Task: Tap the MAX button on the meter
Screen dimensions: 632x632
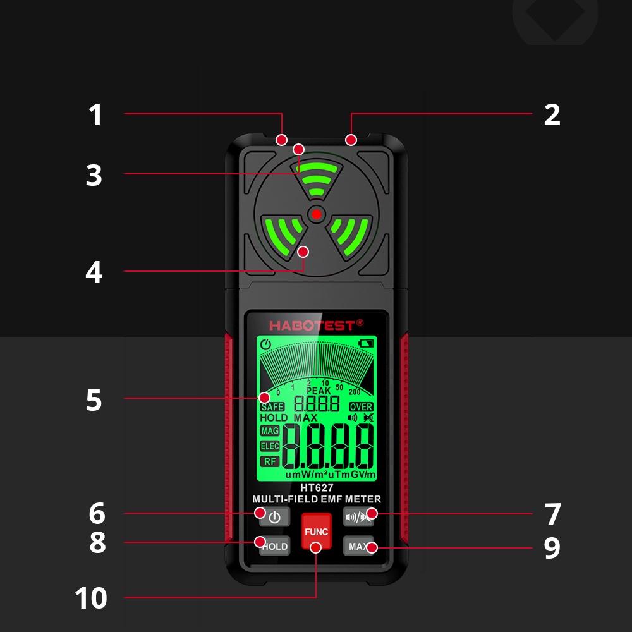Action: [x=358, y=547]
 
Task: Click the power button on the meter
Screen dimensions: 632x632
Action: [x=274, y=517]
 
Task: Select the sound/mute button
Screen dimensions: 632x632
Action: [x=358, y=517]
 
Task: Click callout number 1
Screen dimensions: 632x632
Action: [x=95, y=115]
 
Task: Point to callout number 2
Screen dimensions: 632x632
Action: [x=552, y=115]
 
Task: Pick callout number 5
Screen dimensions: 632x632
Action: [x=94, y=400]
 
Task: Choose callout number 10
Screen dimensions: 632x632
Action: [x=91, y=598]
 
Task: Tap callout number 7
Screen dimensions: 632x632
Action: [x=552, y=514]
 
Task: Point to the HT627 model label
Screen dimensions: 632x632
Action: [x=317, y=488]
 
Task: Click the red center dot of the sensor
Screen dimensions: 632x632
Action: [x=317, y=214]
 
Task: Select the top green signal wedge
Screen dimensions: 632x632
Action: [x=317, y=179]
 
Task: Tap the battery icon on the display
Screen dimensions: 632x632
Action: [x=366, y=344]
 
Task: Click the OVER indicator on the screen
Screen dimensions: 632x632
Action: [x=362, y=407]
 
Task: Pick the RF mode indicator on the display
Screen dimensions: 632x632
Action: [x=270, y=461]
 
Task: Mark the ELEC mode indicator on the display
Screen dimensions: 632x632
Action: [x=270, y=446]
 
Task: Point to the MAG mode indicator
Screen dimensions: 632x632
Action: [x=270, y=431]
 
